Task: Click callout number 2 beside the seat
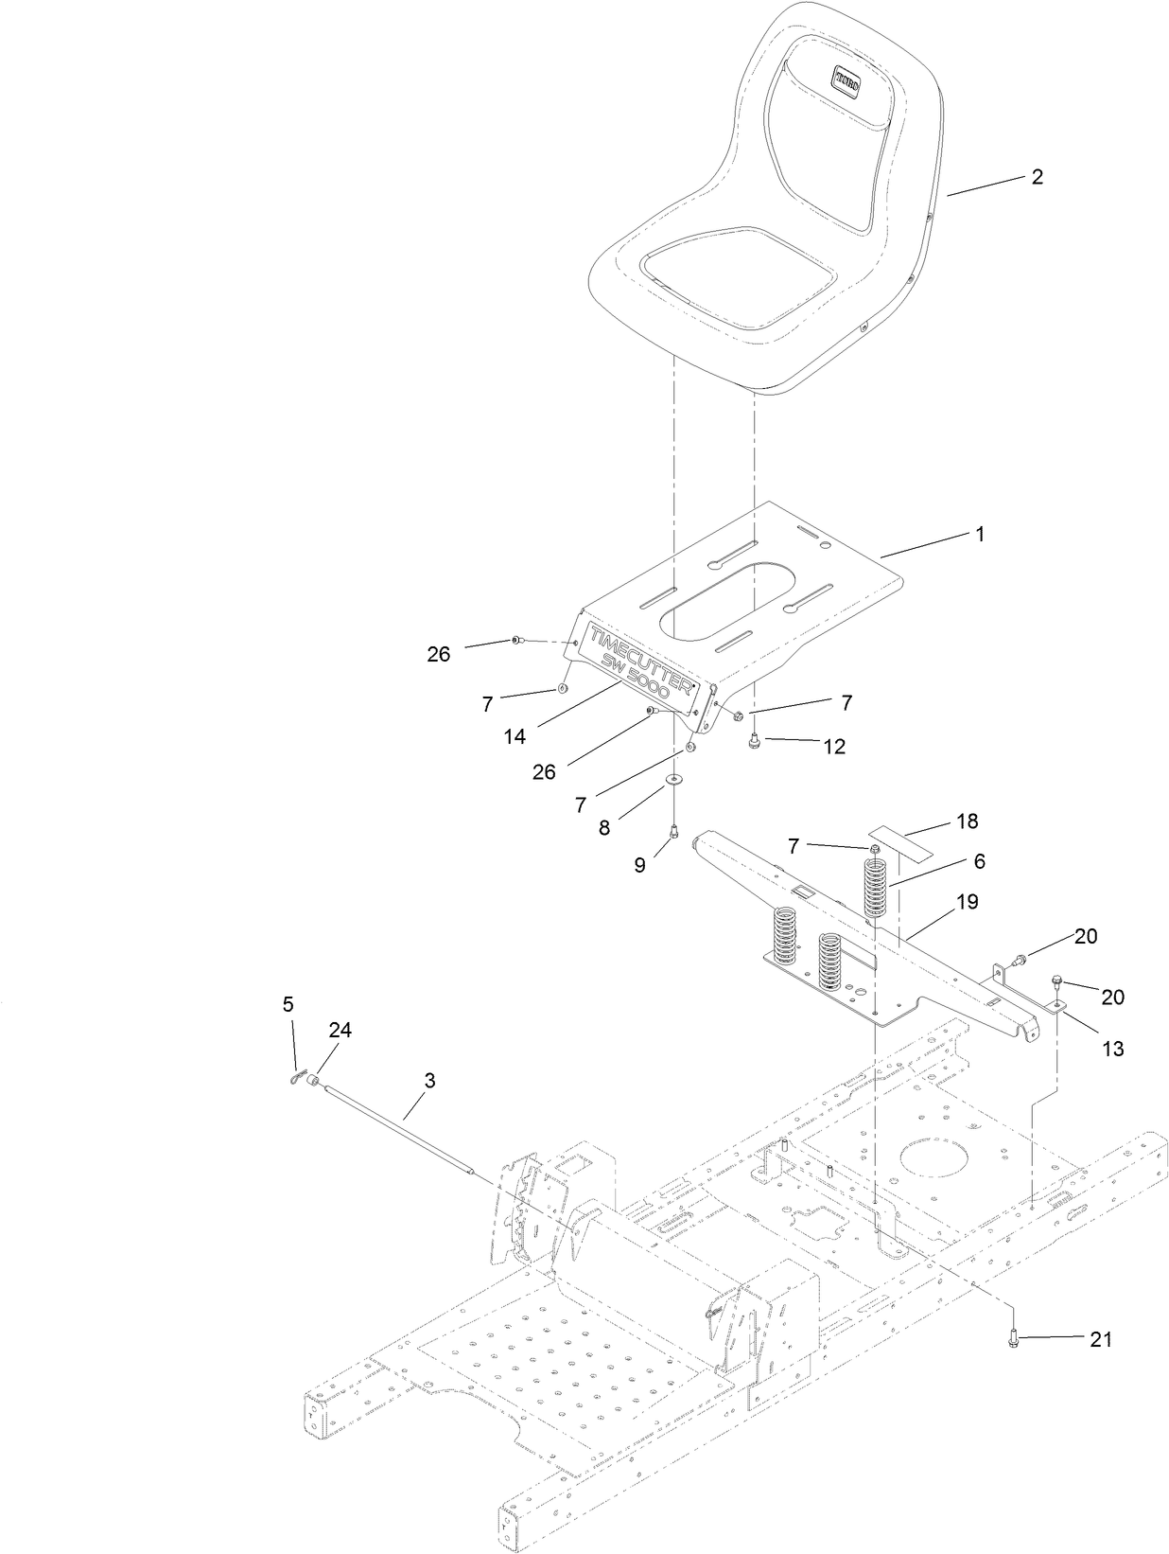click(x=1038, y=177)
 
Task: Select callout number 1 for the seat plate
click(x=980, y=535)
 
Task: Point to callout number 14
click(x=515, y=736)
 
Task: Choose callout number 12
click(x=833, y=747)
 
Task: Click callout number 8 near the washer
click(x=603, y=827)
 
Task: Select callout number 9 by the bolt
click(x=640, y=865)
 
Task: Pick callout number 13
click(x=1113, y=1049)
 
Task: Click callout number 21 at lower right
click(x=1101, y=1339)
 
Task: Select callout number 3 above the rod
click(x=429, y=1081)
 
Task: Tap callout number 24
click(x=340, y=1031)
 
